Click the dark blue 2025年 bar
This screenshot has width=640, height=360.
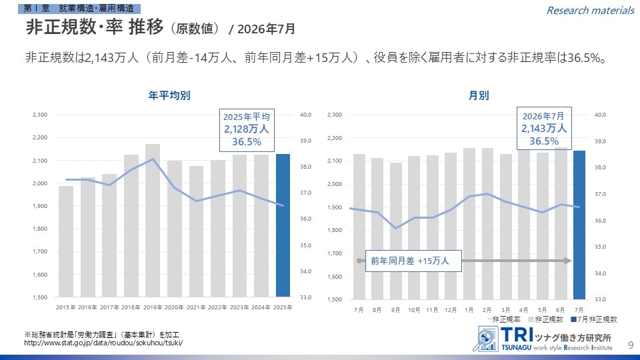point(283,225)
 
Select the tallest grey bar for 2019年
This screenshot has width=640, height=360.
point(153,221)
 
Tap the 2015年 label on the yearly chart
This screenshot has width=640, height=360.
point(66,307)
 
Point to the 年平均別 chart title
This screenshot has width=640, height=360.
point(169,95)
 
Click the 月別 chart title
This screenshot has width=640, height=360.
point(479,95)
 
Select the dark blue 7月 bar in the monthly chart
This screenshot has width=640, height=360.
point(579,225)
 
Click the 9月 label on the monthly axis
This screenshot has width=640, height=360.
point(395,310)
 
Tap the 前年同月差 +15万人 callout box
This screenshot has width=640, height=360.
point(413,261)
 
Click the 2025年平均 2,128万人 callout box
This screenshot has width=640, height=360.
point(247,130)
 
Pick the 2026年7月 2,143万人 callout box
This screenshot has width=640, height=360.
point(544,129)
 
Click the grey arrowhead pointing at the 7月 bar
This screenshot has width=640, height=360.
point(568,261)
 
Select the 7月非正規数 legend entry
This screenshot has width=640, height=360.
point(594,319)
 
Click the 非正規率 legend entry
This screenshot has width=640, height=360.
point(504,319)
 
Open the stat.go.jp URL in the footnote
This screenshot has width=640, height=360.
point(103,343)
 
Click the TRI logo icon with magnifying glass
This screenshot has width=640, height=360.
point(486,339)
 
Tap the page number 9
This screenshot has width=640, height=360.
point(631,345)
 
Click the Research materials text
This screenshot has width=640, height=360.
point(590,10)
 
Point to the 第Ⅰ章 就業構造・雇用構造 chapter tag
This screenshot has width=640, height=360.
point(79,9)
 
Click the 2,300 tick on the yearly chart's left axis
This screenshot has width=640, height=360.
point(40,115)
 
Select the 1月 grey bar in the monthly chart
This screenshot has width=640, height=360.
point(469,224)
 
